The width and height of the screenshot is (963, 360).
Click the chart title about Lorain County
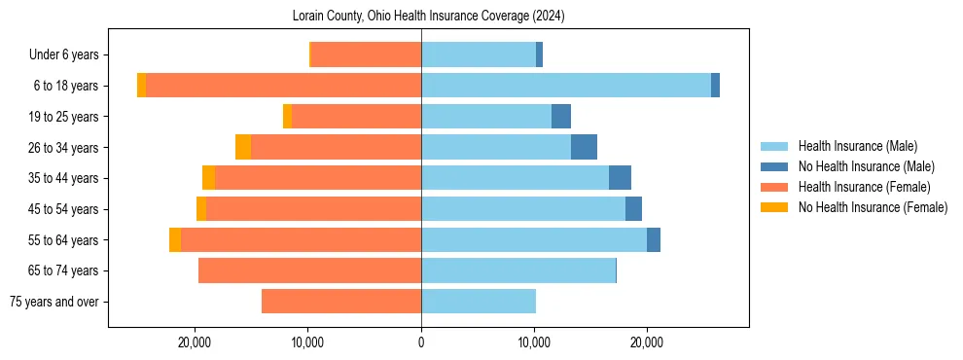[x=428, y=17]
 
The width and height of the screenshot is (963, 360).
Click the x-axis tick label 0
[x=421, y=342]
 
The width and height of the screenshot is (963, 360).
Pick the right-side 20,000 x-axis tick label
[x=647, y=342]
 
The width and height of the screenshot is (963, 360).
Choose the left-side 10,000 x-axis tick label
[x=308, y=342]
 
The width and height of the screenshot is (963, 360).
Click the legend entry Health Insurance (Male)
[x=857, y=146]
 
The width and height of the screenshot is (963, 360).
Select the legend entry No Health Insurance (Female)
[x=873, y=207]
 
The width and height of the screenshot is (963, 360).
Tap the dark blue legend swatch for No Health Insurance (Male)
[x=774, y=166]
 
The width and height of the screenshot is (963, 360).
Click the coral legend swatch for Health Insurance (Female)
[x=774, y=187]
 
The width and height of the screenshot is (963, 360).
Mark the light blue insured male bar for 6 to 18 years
[x=565, y=86]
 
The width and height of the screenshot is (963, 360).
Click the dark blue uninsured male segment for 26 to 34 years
[x=584, y=147]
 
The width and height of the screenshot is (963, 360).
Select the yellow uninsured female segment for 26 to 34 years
[x=243, y=147]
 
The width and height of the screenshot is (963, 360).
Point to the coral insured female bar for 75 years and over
[x=341, y=302]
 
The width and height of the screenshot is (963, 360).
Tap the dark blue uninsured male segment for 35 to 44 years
[x=620, y=178]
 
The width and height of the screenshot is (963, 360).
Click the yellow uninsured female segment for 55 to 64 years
[x=175, y=239]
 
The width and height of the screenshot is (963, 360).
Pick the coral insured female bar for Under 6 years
[x=366, y=54]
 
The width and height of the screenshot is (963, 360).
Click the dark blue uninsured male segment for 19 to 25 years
[x=561, y=117]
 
